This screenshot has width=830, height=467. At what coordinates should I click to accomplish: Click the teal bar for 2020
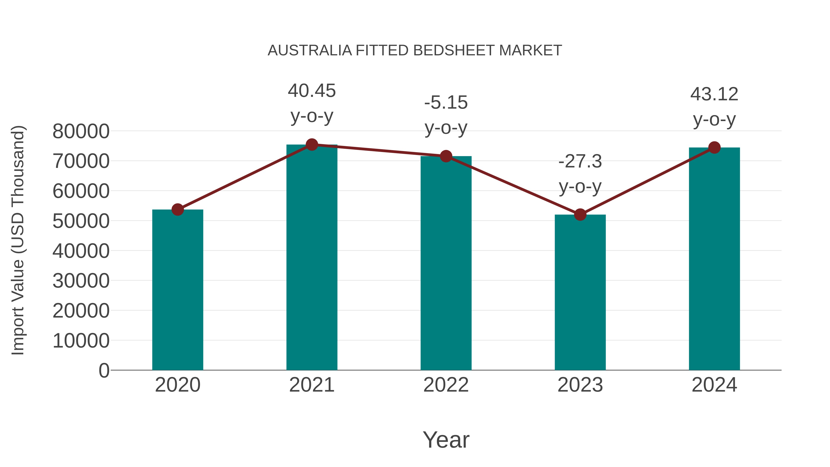pyautogui.click(x=178, y=290)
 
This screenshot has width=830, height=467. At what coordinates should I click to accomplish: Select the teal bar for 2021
pyautogui.click(x=311, y=258)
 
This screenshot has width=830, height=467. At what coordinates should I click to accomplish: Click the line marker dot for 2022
pyautogui.click(x=446, y=156)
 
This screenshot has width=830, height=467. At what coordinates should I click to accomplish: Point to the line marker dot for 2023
pyautogui.click(x=580, y=215)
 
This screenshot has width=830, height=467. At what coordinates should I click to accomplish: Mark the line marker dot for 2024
pyautogui.click(x=714, y=148)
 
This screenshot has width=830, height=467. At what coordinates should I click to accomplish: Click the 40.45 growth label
pyautogui.click(x=311, y=91)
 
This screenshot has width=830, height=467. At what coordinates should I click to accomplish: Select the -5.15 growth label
pyautogui.click(x=446, y=103)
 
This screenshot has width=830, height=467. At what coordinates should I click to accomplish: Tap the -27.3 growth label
pyautogui.click(x=580, y=161)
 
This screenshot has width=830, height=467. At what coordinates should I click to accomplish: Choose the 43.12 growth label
pyautogui.click(x=714, y=94)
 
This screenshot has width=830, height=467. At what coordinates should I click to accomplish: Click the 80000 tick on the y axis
pyautogui.click(x=81, y=131)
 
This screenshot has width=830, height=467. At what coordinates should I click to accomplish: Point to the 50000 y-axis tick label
pyautogui.click(x=81, y=221)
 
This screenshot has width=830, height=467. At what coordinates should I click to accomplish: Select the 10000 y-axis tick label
pyautogui.click(x=81, y=341)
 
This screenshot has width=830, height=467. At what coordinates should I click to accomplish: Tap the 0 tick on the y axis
pyautogui.click(x=104, y=371)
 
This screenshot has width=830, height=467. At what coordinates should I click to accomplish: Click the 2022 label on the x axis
pyautogui.click(x=446, y=385)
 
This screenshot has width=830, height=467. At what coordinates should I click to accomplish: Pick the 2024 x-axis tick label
pyautogui.click(x=714, y=385)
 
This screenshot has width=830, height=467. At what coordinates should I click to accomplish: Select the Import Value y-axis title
pyautogui.click(x=18, y=241)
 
